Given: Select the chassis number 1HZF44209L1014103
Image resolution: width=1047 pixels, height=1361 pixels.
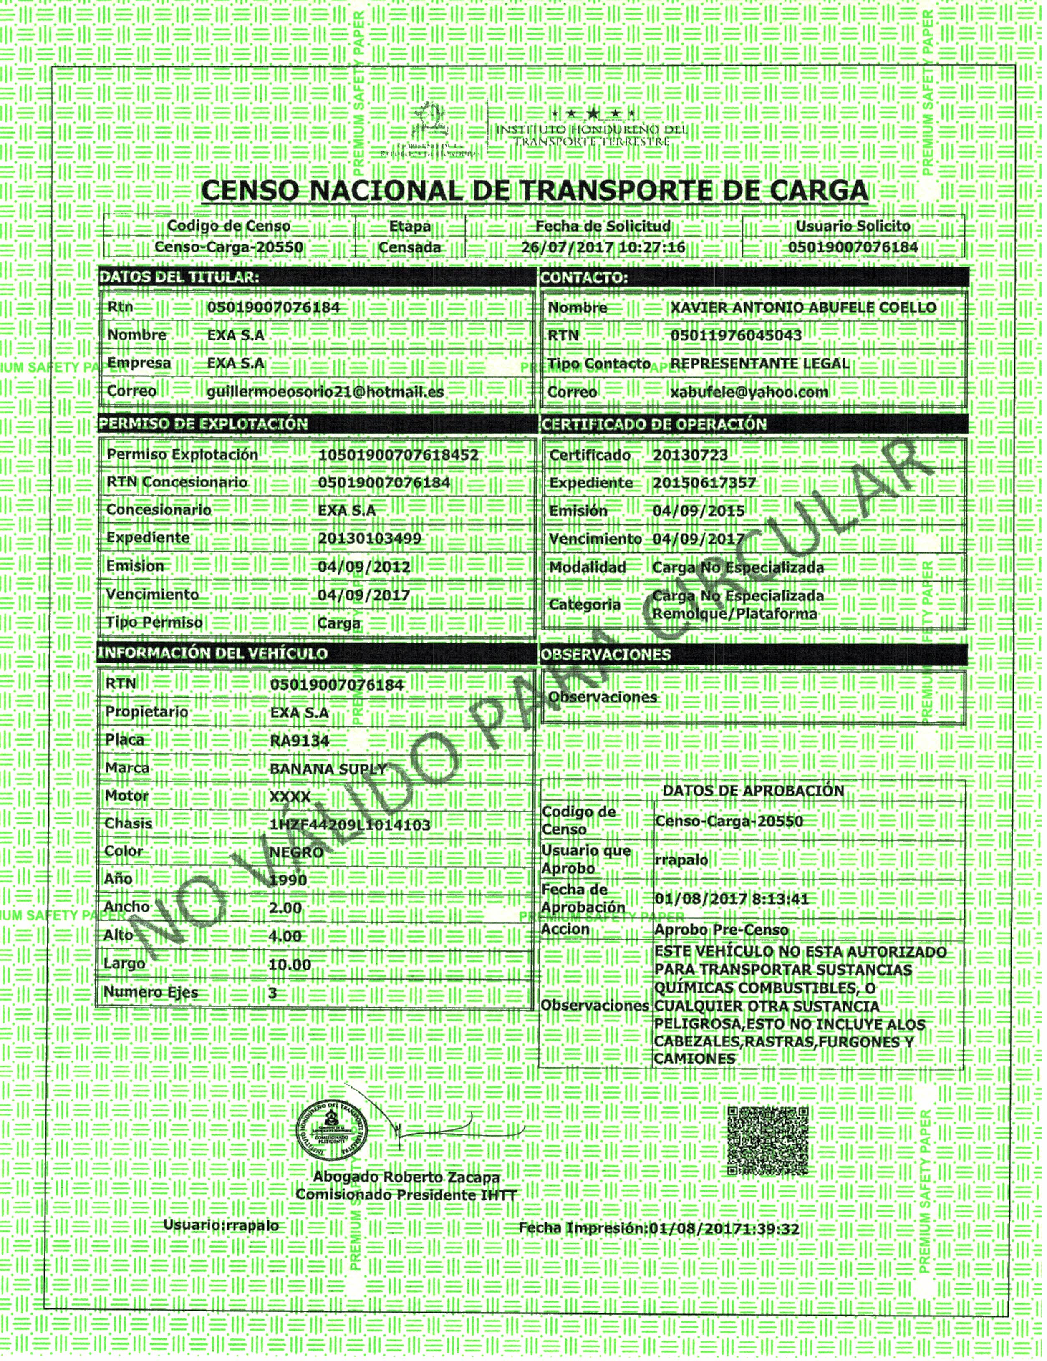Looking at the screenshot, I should (350, 825).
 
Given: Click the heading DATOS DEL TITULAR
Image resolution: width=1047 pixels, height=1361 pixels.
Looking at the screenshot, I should (179, 278).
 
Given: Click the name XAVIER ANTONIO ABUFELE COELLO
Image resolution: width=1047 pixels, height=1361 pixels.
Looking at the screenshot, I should (803, 308).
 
